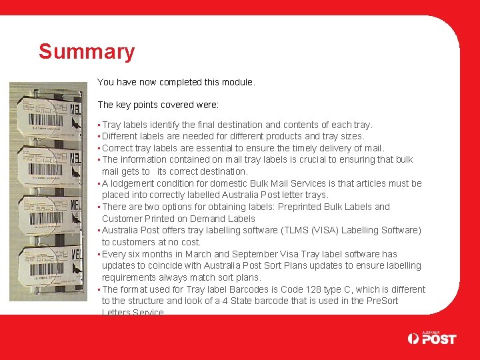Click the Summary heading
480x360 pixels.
tap(87, 51)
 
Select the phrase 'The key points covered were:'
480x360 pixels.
tap(158, 105)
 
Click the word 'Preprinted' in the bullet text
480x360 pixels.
tap(312, 207)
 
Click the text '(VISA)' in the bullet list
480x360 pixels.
tap(328, 230)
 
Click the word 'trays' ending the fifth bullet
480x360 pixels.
tap(316, 195)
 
